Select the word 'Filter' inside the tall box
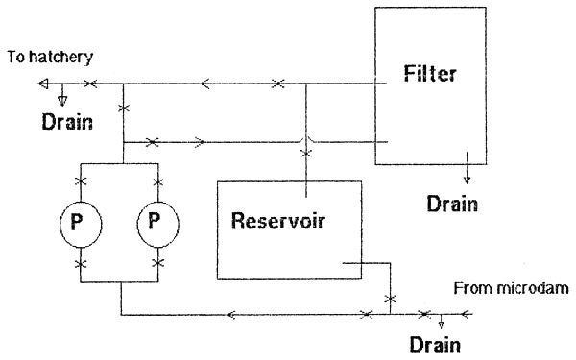[x=428, y=73]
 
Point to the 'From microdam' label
[x=513, y=287]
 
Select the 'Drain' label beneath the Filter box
[x=451, y=204]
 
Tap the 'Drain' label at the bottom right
[x=434, y=343]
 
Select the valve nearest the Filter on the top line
[x=277, y=84]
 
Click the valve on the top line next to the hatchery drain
[x=89, y=84]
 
